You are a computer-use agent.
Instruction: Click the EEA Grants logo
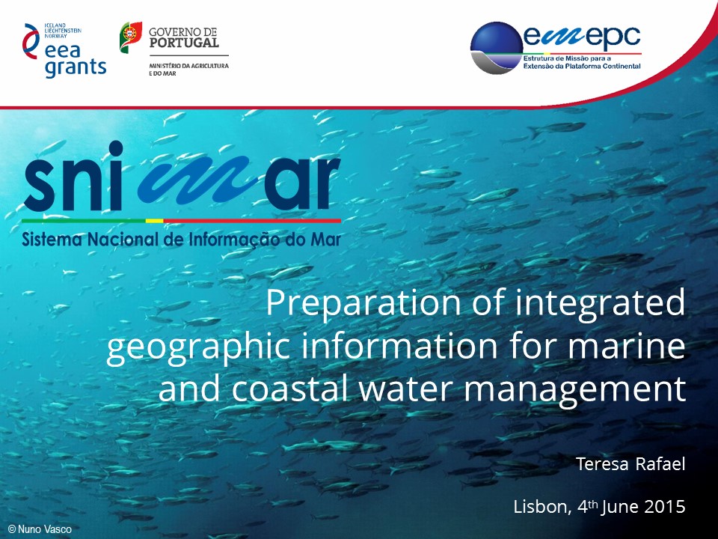64,50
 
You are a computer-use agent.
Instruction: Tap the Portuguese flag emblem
131,37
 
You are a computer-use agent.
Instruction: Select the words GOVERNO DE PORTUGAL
184,37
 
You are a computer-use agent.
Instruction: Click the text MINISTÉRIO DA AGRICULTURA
189,66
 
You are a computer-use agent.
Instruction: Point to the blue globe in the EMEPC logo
497,48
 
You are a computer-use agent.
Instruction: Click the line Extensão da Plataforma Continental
582,66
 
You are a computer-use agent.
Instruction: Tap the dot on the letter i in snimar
115,149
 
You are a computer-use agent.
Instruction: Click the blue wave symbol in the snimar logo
194,180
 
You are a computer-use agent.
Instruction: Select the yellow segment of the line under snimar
154,221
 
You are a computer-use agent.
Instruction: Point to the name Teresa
601,464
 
